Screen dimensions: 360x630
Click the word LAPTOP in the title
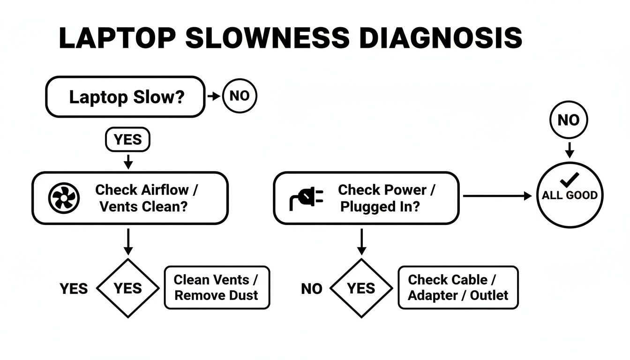pyautogui.click(x=118, y=38)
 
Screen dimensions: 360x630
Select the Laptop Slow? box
pyautogui.click(x=125, y=97)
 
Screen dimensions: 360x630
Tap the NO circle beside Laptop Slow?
pyautogui.click(x=240, y=96)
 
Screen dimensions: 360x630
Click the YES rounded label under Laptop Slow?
pyautogui.click(x=127, y=140)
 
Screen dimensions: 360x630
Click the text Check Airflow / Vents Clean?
pyautogui.click(x=146, y=198)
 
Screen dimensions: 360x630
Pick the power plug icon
pyautogui.click(x=307, y=198)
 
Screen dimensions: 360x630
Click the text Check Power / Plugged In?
pyautogui.click(x=386, y=198)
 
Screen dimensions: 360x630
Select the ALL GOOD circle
pyautogui.click(x=569, y=195)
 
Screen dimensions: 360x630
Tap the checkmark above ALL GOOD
pyautogui.click(x=570, y=180)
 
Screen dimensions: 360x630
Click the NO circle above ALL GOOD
pyautogui.click(x=568, y=120)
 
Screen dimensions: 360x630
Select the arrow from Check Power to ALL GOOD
pyautogui.click(x=499, y=196)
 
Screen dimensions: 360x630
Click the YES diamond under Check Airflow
pyautogui.click(x=127, y=288)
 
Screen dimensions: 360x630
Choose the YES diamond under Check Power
pyautogui.click(x=361, y=288)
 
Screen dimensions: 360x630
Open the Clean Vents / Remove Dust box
pyautogui.click(x=217, y=287)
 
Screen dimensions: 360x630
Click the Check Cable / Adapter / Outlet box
pyautogui.click(x=458, y=287)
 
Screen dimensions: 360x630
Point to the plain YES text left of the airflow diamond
pyautogui.click(x=74, y=289)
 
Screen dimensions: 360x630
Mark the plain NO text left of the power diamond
pyautogui.click(x=311, y=289)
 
